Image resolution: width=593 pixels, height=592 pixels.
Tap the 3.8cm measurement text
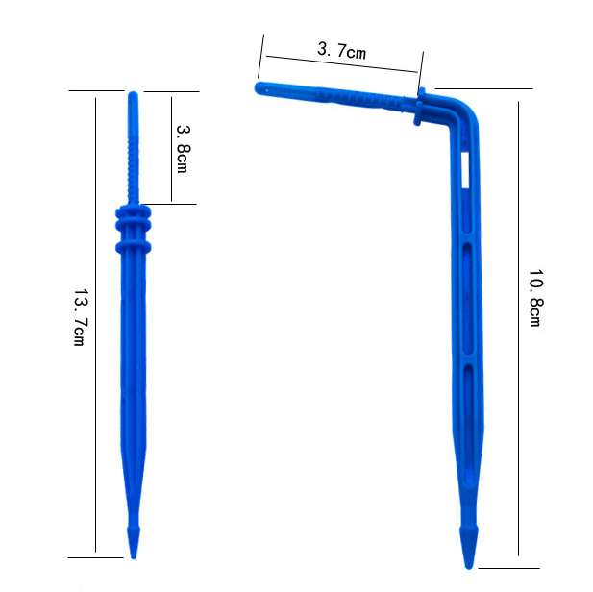[183, 146]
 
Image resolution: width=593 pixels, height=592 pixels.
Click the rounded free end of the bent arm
[259, 87]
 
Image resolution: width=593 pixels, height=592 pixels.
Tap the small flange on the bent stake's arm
[421, 107]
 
